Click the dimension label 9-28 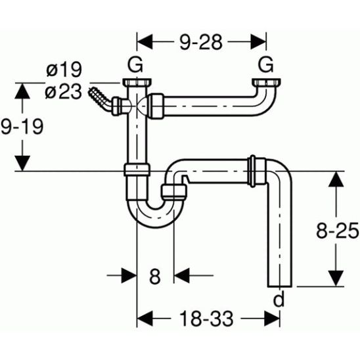point(201,42)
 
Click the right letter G point(266,64)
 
